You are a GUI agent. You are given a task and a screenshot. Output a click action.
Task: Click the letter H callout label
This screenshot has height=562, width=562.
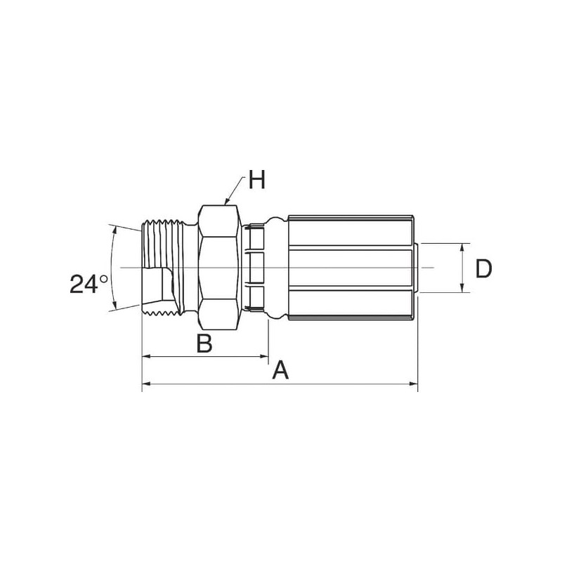coord(257,180)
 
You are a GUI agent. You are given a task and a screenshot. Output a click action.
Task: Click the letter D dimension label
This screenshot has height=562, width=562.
coord(483,268)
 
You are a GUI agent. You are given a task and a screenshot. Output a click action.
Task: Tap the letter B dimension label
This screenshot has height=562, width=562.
coord(204,343)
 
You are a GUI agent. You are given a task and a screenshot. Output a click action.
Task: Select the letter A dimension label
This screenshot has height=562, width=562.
coord(280,370)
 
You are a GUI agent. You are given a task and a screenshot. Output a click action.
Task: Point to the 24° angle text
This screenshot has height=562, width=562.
coord(89,285)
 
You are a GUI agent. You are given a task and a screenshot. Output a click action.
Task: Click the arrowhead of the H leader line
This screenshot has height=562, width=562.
coord(226,202)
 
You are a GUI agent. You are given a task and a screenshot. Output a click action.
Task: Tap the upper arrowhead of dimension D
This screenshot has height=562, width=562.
coord(462,247)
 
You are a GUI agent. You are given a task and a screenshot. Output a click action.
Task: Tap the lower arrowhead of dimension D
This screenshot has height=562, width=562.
coord(462,288)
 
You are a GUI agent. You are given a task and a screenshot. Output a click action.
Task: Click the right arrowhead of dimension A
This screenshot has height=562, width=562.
coord(414,384)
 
